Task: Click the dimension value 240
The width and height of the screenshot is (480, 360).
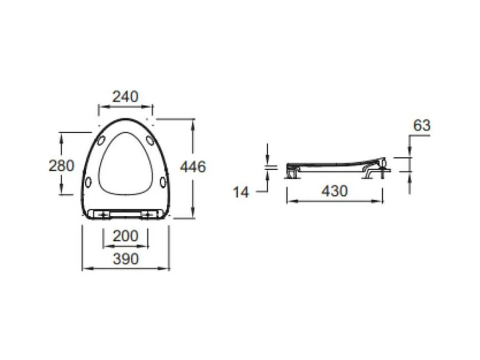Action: [x=125, y=97]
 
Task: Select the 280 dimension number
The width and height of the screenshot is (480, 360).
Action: [x=62, y=166]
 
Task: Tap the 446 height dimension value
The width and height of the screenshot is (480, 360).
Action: [x=193, y=167]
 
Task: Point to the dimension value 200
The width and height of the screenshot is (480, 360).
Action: [x=125, y=236]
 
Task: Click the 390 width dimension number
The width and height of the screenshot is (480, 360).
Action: [x=126, y=259]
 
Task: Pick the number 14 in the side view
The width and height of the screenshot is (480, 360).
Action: [x=241, y=192]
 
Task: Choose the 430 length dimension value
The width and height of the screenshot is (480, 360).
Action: [x=335, y=191]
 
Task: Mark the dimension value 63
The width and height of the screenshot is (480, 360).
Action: [x=422, y=125]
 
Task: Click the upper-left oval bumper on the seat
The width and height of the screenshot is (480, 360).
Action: [x=101, y=141]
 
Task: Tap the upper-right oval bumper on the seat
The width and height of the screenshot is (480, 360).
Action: [x=150, y=140]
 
